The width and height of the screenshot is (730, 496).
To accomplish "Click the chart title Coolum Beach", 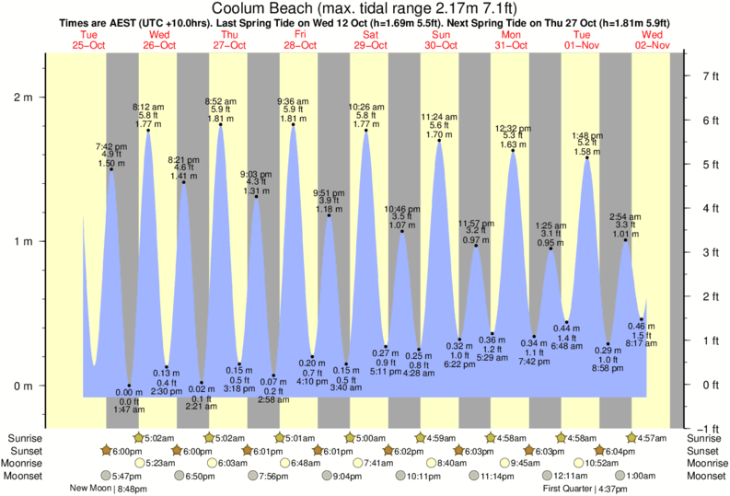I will point(365,9).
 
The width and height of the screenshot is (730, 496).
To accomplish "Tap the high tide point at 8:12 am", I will point(148,130).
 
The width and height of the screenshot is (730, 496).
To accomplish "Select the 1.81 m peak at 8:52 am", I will point(221,124).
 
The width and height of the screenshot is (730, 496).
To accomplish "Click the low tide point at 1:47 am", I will point(129,386).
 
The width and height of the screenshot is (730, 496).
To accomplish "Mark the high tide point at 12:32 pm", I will point(512,150).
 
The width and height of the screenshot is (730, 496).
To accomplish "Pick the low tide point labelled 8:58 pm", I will point(608,344).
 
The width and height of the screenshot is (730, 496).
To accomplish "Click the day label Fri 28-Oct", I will point(299,40).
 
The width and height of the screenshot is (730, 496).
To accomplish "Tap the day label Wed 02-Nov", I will point(659,40).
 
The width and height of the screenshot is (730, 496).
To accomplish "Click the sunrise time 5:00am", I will point(365,437).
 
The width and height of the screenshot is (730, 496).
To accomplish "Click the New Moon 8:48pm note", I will point(110,489).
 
